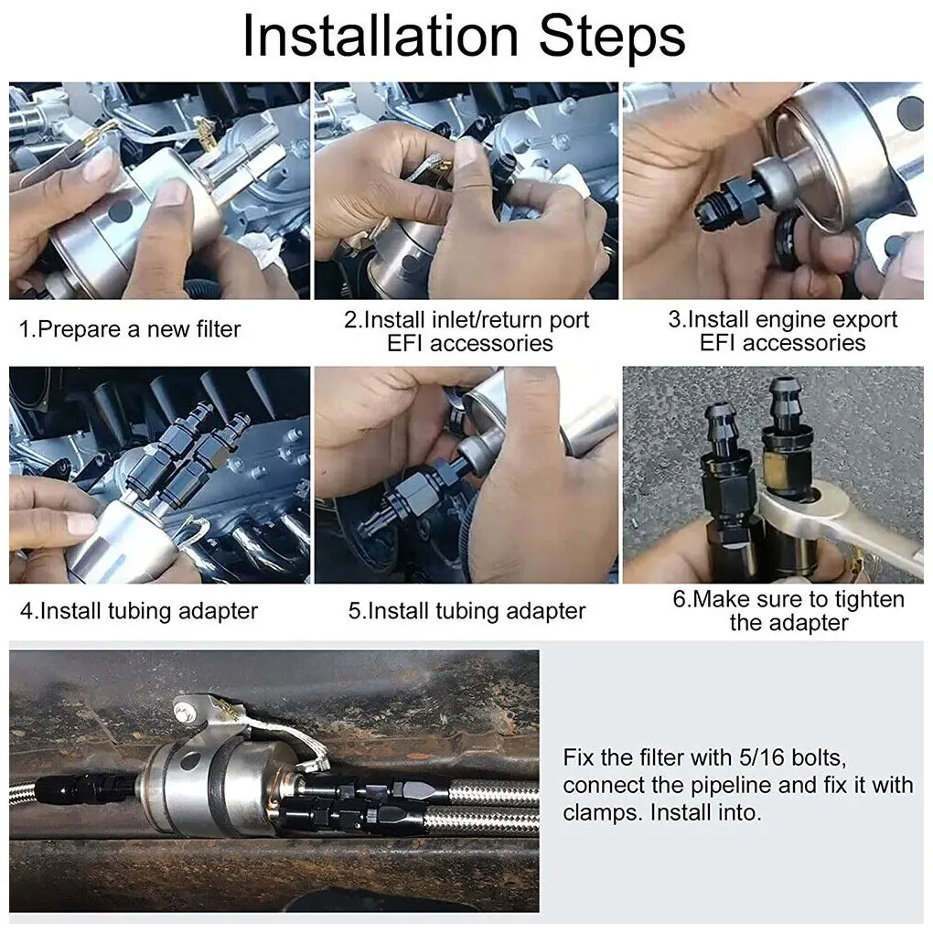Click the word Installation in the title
pos(381,37)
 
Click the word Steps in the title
pos(612,38)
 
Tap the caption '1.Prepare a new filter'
pos(130,329)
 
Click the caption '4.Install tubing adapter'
pos(139,612)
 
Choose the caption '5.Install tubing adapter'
pos(467,612)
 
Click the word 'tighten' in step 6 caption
pos(870,600)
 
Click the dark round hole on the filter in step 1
pos(120,210)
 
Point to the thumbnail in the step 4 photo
pos(80,524)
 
